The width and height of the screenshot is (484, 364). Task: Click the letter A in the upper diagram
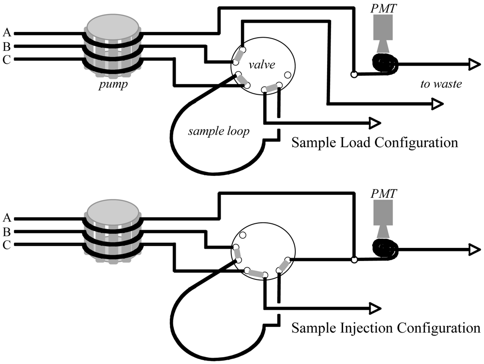click(7, 33)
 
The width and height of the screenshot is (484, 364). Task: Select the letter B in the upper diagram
click(7, 46)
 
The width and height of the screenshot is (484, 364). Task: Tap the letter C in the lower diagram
click(7, 245)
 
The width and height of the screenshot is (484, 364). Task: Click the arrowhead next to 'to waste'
click(472, 64)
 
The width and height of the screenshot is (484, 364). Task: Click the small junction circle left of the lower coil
click(354, 260)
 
